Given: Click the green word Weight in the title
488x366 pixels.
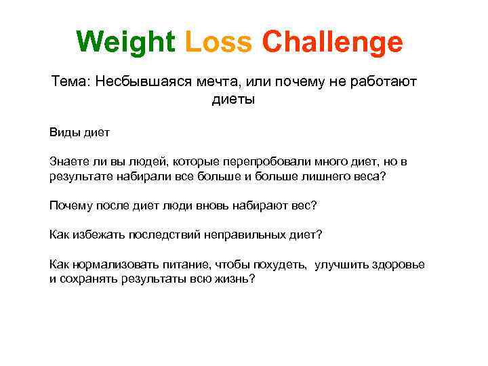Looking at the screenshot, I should point(126,42).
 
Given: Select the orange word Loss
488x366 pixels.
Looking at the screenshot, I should point(218,42).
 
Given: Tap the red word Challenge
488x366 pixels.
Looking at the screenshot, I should point(332,42).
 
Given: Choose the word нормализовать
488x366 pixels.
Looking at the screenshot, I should point(110,265).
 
